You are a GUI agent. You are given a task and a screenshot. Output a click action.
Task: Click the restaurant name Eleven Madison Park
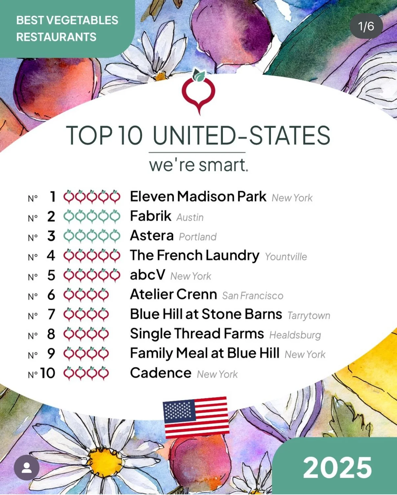[x=198, y=197]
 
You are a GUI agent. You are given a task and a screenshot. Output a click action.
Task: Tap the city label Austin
[x=190, y=217]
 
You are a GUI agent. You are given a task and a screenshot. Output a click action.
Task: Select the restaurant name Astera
[x=152, y=236]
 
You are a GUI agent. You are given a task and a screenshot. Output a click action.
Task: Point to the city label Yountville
[x=286, y=257]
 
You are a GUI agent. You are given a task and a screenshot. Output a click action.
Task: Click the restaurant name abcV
[x=147, y=275]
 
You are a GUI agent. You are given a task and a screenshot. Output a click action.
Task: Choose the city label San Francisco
[x=252, y=296]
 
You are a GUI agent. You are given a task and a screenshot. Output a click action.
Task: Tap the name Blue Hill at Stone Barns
[x=206, y=314]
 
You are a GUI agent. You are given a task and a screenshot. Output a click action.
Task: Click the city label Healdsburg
[x=295, y=335]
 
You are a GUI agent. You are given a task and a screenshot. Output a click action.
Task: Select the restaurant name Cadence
[x=161, y=373]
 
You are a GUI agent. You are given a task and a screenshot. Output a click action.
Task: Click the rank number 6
[x=51, y=295]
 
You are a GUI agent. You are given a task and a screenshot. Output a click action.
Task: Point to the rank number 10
[x=48, y=373]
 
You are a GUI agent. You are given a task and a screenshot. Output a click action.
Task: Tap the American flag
[x=196, y=417]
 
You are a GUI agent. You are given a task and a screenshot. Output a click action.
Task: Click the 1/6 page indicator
[x=366, y=26]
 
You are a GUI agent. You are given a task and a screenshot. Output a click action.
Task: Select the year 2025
[x=337, y=468]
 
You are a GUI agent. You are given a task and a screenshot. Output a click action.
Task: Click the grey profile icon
[x=27, y=468]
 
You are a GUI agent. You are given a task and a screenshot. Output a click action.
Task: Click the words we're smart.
[x=198, y=165]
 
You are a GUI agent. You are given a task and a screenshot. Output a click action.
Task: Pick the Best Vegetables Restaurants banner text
[x=67, y=29]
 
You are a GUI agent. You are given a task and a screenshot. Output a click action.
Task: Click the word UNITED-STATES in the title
[x=241, y=135]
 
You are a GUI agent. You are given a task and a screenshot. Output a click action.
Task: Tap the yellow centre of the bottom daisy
[x=105, y=461]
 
